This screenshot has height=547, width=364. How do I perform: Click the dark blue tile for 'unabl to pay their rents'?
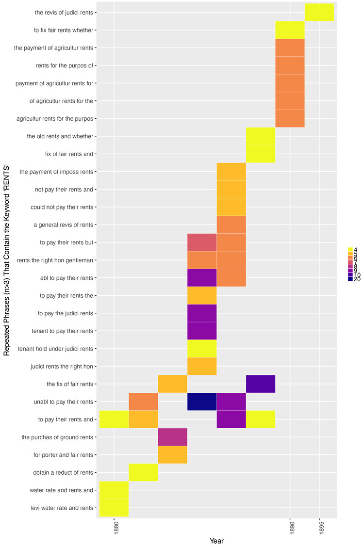pos(202,402)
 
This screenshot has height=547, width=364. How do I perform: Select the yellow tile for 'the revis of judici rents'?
pos(319,12)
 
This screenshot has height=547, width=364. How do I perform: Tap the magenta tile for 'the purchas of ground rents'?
pos(173,437)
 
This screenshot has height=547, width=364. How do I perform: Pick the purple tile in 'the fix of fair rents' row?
pos(261,384)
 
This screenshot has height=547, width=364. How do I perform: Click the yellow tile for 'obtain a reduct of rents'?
pos(143,472)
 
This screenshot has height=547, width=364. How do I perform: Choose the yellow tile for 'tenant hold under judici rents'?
pos(202,348)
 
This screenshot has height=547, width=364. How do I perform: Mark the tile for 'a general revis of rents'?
pos(231,225)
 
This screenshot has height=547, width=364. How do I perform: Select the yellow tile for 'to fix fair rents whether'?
pos(290,30)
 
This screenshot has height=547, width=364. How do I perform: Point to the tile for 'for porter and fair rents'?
pos(173,454)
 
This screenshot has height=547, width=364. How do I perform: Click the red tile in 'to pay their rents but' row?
pos(202,242)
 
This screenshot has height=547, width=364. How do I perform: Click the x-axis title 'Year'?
pos(216,541)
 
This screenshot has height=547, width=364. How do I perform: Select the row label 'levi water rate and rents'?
pos(61,508)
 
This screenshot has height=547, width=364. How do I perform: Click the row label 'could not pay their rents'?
pos(61,207)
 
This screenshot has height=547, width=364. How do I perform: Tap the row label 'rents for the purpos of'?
pos(65,65)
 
